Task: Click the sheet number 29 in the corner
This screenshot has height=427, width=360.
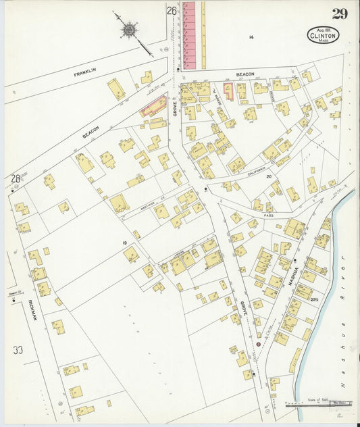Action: [339, 14]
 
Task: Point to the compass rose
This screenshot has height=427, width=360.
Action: [129, 29]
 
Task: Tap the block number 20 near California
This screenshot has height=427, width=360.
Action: [268, 176]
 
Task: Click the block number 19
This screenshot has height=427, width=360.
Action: [125, 241]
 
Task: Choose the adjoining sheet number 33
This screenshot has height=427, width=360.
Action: [18, 350]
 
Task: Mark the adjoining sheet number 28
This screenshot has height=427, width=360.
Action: [15, 179]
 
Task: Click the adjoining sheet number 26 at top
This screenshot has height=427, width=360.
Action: [172, 11]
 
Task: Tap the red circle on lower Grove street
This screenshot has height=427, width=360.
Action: [257, 344]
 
